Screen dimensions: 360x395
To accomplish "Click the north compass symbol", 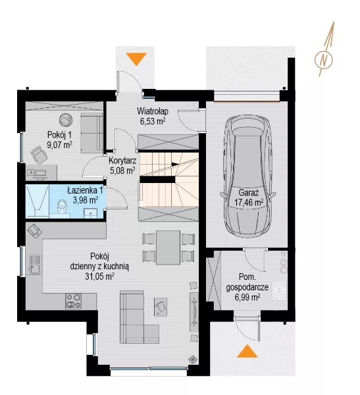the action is pos(324,60).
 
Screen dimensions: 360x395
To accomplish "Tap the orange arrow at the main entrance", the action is pos(136,59).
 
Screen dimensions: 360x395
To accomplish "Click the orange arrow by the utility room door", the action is pos(247,352).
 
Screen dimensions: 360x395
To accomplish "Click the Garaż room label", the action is pos(249,193).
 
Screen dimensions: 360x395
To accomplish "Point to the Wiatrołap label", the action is pos(153,111).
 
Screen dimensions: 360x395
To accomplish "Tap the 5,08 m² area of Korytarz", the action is pos(122,171).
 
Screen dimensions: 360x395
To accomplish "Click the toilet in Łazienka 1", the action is pos(62,206).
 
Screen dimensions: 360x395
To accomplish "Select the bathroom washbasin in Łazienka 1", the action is pos(90,213).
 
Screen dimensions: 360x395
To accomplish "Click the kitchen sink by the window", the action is pos(35,264).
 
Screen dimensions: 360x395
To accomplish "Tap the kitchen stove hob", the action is pos(73,301).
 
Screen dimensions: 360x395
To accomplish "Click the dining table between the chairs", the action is pos(168,247).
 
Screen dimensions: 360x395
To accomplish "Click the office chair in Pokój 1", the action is pos(39,155).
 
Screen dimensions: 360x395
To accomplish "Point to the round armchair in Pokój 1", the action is pos(66,120).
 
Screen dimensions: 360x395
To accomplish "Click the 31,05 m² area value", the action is pos(99,276).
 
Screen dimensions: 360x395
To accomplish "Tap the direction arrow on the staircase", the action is pos(175,164).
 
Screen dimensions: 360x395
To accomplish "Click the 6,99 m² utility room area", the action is pos(247,298).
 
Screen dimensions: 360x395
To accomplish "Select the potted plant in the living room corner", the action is pos(192,359).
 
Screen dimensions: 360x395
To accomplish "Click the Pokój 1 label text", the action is pos(59,135).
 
